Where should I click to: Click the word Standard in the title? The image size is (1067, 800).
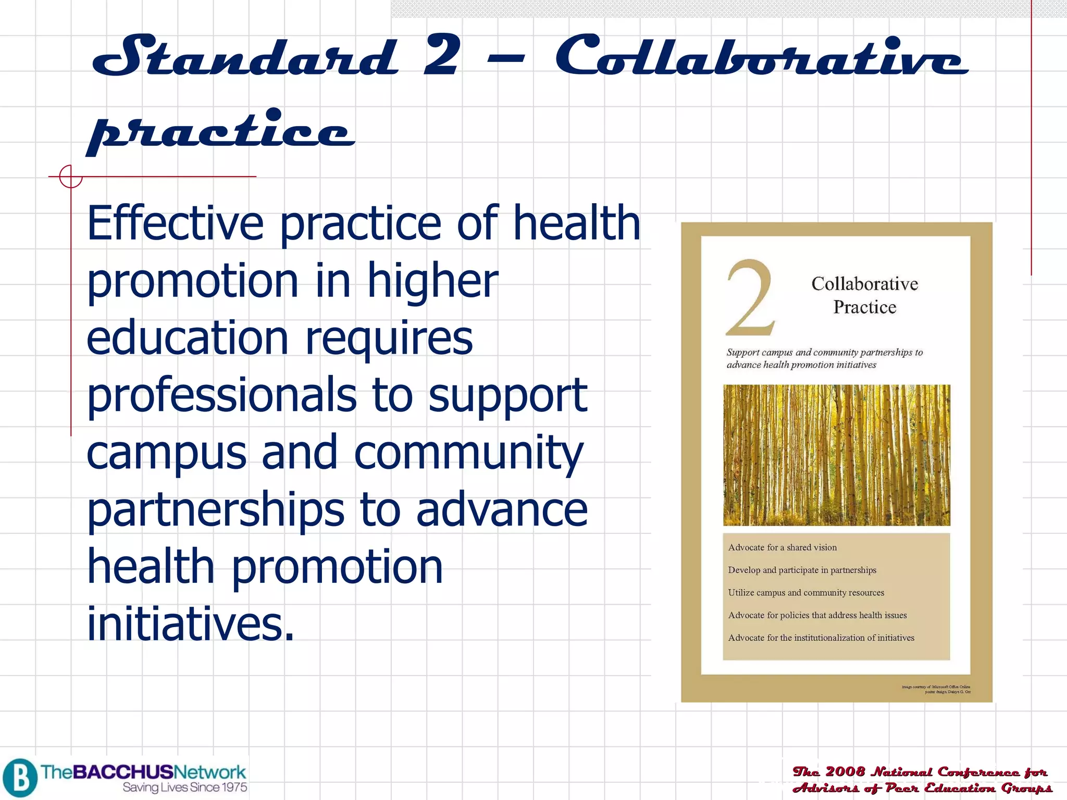click(245, 56)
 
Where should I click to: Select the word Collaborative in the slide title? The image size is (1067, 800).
click(761, 56)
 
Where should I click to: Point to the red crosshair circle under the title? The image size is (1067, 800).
click(70, 177)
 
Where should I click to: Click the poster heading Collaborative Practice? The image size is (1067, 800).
click(864, 295)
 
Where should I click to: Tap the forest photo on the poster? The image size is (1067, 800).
click(836, 455)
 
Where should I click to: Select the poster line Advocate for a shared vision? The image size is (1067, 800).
click(782, 547)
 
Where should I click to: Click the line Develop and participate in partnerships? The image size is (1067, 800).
click(802, 570)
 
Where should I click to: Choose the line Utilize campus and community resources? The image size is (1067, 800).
click(806, 593)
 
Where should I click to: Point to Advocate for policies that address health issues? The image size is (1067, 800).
click(817, 615)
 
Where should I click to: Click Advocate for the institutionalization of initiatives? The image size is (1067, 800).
click(821, 638)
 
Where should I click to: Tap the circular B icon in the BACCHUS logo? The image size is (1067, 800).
click(20, 778)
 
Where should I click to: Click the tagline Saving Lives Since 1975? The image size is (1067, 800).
click(185, 787)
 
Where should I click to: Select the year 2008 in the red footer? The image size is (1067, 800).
click(845, 771)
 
